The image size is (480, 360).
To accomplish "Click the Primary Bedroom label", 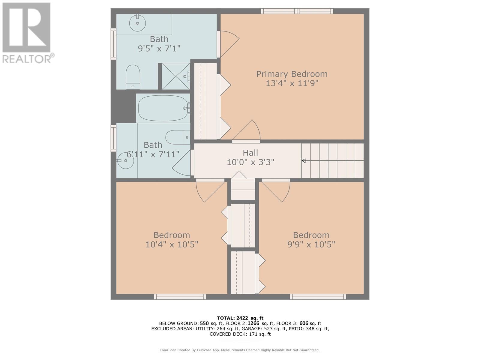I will click(x=292, y=74).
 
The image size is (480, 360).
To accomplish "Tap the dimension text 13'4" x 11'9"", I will click(x=292, y=83).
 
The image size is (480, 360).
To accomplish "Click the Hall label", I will click(x=250, y=153).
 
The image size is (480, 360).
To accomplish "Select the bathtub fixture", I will click(x=163, y=108).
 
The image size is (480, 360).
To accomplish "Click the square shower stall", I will click(x=175, y=76).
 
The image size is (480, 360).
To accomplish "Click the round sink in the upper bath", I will click(x=137, y=23).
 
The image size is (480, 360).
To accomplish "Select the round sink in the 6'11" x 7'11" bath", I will click(x=125, y=161).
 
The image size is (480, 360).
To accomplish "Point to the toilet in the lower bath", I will click(x=177, y=137).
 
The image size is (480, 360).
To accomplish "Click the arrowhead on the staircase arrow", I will click(x=303, y=161).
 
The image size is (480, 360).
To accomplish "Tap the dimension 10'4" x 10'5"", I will click(x=172, y=244).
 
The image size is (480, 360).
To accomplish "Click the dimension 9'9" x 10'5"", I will click(x=311, y=244).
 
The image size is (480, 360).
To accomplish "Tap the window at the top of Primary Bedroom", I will click(x=297, y=11).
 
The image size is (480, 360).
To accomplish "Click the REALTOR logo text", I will click(x=28, y=58).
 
